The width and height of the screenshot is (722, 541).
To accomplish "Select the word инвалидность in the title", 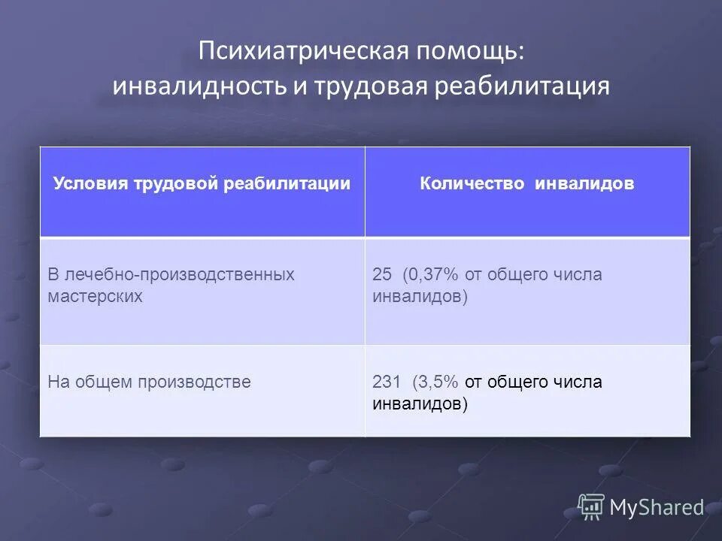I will [x=197, y=86].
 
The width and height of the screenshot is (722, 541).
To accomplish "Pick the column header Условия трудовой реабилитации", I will [x=202, y=183].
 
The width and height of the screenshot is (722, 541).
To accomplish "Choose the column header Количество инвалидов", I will [x=526, y=183].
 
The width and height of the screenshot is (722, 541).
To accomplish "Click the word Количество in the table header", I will [x=472, y=183].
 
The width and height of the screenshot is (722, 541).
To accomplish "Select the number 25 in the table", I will [x=382, y=275].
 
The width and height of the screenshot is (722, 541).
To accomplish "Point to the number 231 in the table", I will [x=387, y=382].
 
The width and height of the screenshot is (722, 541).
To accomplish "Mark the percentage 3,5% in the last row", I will [x=436, y=382].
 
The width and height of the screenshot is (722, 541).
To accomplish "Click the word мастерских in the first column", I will [x=95, y=296].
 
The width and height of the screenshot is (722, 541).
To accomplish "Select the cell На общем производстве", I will [x=149, y=382].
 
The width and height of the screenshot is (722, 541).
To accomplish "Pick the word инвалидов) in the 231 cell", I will [x=420, y=403].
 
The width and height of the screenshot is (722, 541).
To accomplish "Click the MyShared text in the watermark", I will [x=656, y=508].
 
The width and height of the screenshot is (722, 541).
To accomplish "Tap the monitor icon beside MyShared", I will [x=591, y=507].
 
